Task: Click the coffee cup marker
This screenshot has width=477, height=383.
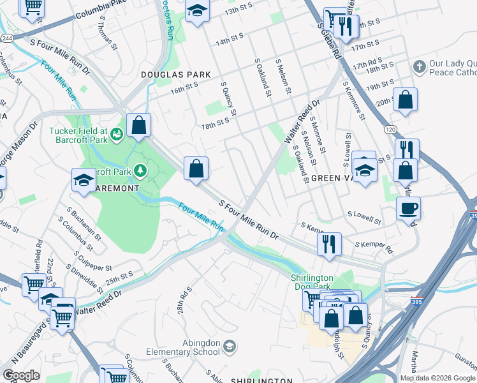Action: pos(408,208)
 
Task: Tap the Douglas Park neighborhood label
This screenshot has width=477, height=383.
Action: pos(176,75)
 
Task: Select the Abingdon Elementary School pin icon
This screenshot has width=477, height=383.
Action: pos(229,347)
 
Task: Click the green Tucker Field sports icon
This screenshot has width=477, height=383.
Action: pos(117,133)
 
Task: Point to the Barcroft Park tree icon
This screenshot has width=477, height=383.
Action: pos(140,171)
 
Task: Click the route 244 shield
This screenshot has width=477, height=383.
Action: pos(6,38)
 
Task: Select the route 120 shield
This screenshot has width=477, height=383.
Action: pos(390,129)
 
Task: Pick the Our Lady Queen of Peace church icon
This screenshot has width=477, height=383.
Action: pos(419,66)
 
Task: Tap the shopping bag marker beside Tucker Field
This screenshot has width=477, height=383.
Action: pos(138,125)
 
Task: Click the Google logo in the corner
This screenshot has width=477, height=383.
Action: pos(20,375)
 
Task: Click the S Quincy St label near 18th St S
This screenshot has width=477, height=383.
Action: pos(228,99)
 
